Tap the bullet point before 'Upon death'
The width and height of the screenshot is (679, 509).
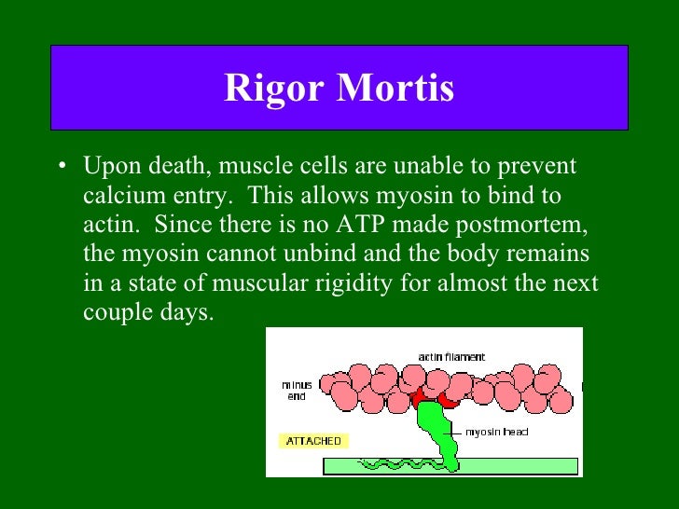[x=61, y=169]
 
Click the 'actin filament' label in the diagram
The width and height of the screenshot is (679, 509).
[x=451, y=357]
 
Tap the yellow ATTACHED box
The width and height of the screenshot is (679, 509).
[x=313, y=441]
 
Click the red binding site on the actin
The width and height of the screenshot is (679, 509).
[x=424, y=398]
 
